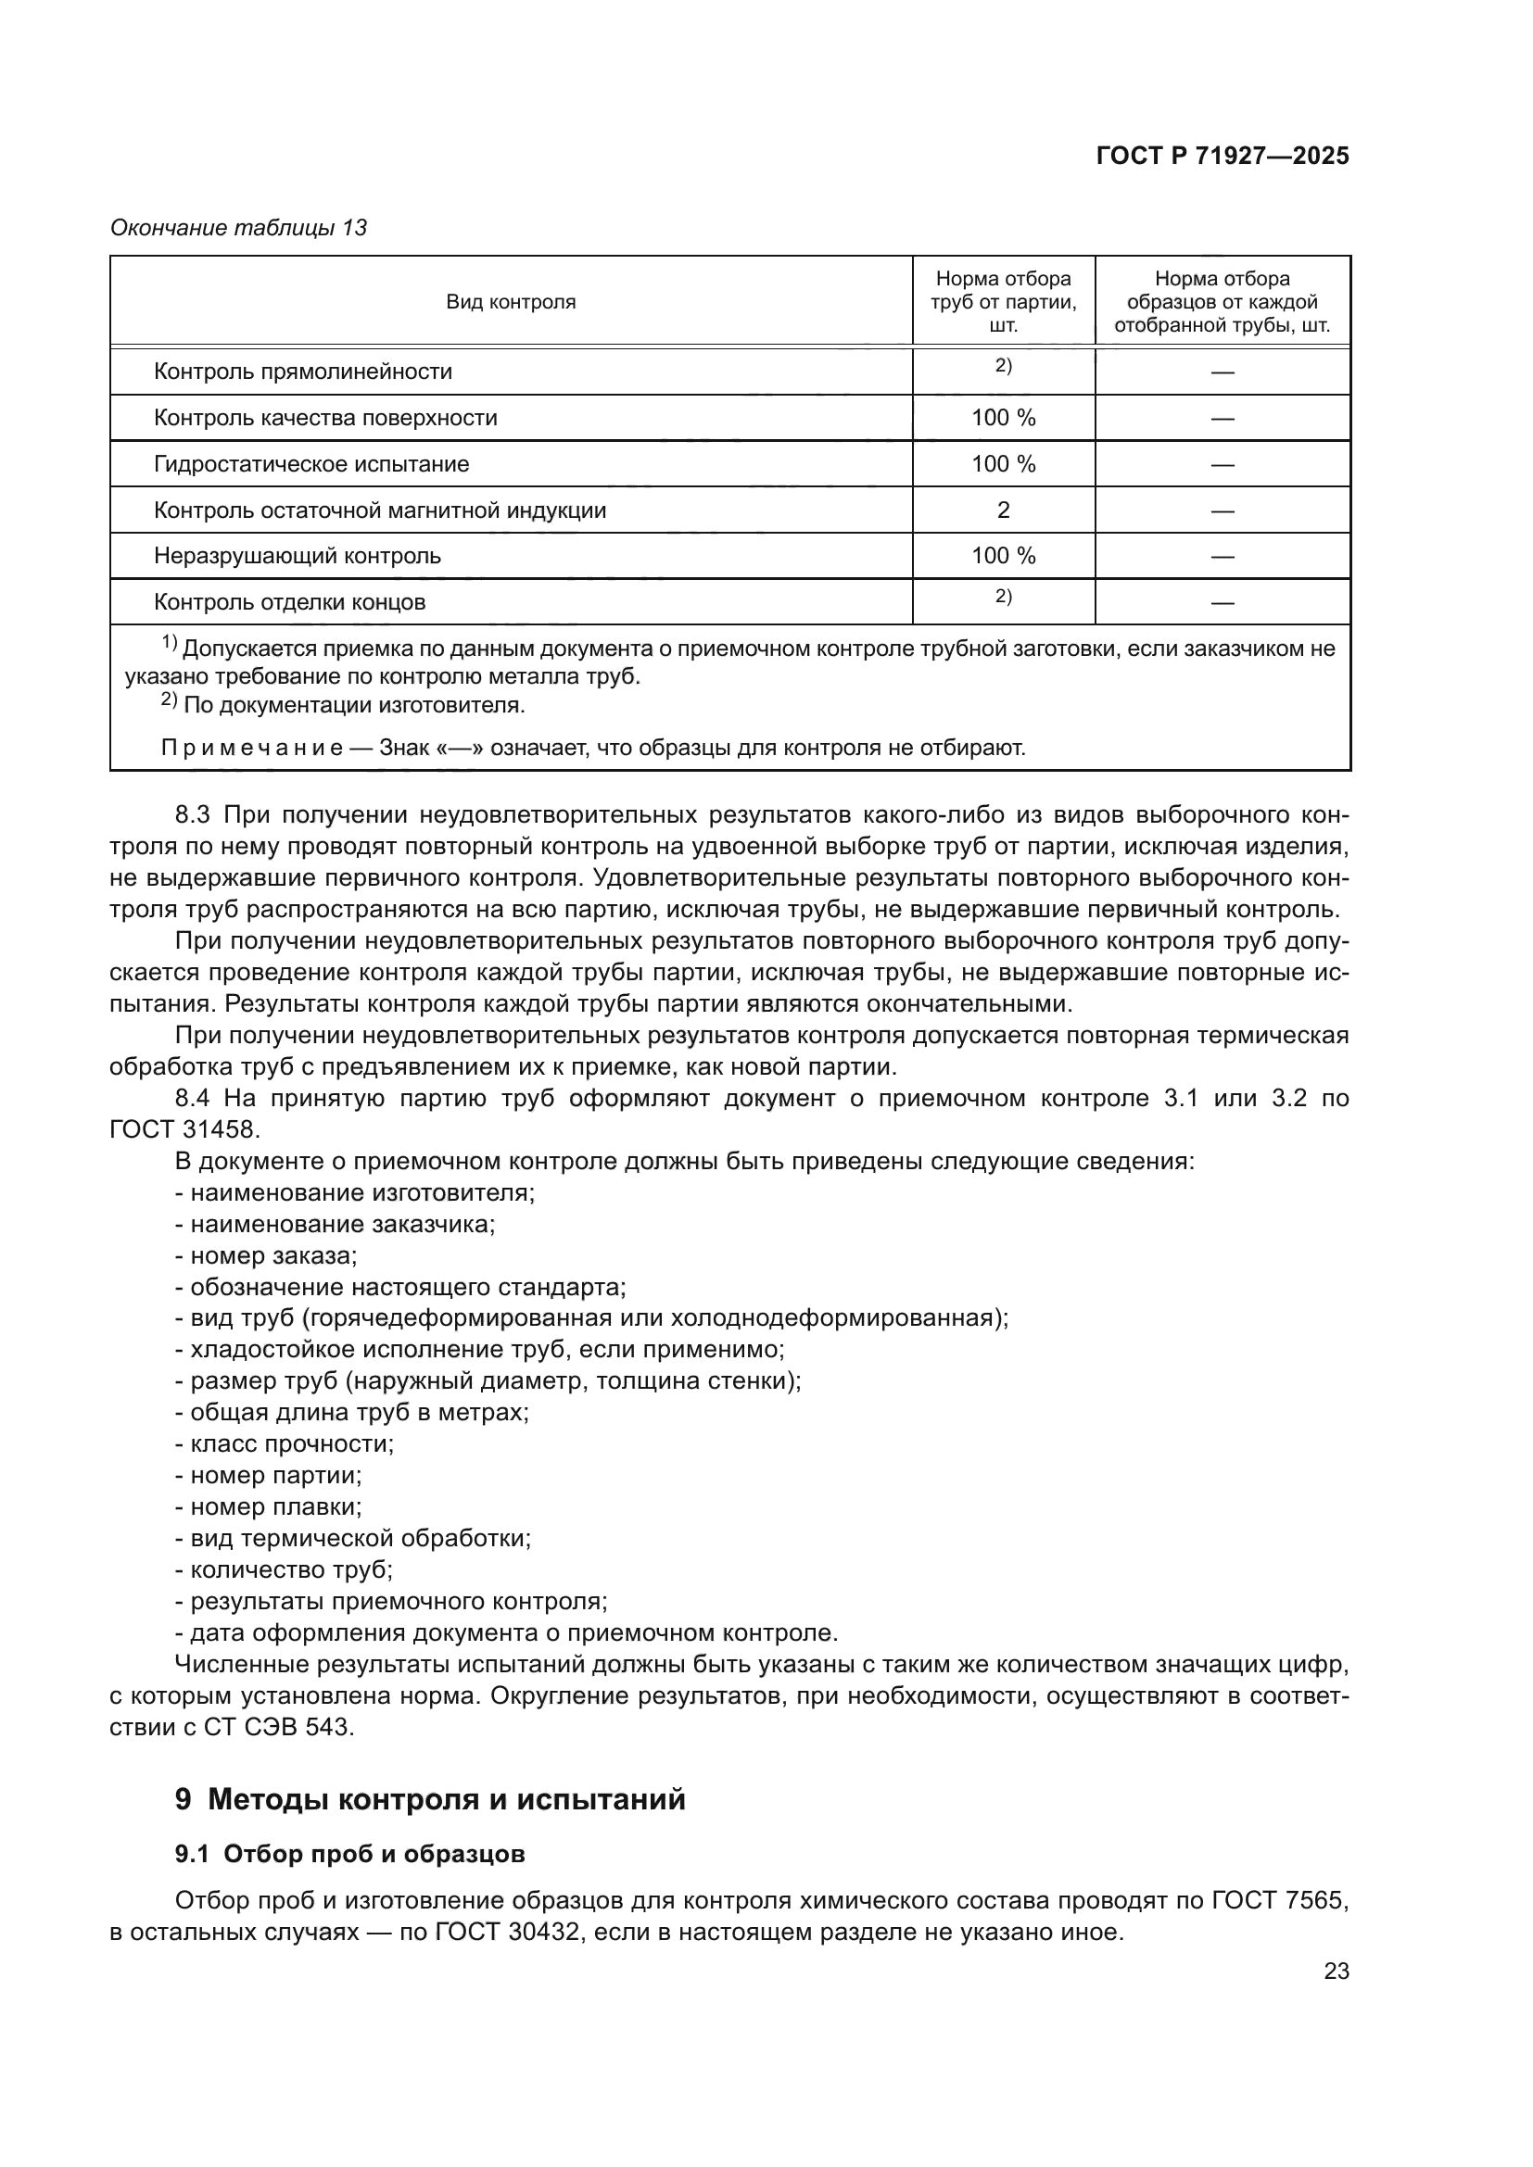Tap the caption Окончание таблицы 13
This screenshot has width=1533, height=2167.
(238, 228)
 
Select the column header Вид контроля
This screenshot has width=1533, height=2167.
(511, 302)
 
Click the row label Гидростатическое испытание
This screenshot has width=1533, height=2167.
(311, 464)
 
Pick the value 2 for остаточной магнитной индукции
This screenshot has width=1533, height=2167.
(1003, 510)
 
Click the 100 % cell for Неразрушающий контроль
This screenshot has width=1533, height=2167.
(1003, 556)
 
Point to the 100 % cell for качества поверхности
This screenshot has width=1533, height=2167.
(1003, 418)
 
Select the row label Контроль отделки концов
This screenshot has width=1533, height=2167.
(289, 602)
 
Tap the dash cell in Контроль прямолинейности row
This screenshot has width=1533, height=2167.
(1222, 372)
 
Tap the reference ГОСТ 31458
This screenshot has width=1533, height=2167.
(184, 1129)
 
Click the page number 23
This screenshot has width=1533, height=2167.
(1336, 1972)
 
